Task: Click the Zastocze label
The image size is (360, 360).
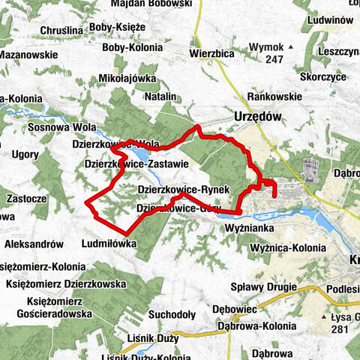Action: tap(25, 199)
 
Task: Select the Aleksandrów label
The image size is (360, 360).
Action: tap(34, 244)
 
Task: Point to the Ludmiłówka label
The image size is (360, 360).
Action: tap(109, 244)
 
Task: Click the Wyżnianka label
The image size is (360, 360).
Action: tap(251, 226)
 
